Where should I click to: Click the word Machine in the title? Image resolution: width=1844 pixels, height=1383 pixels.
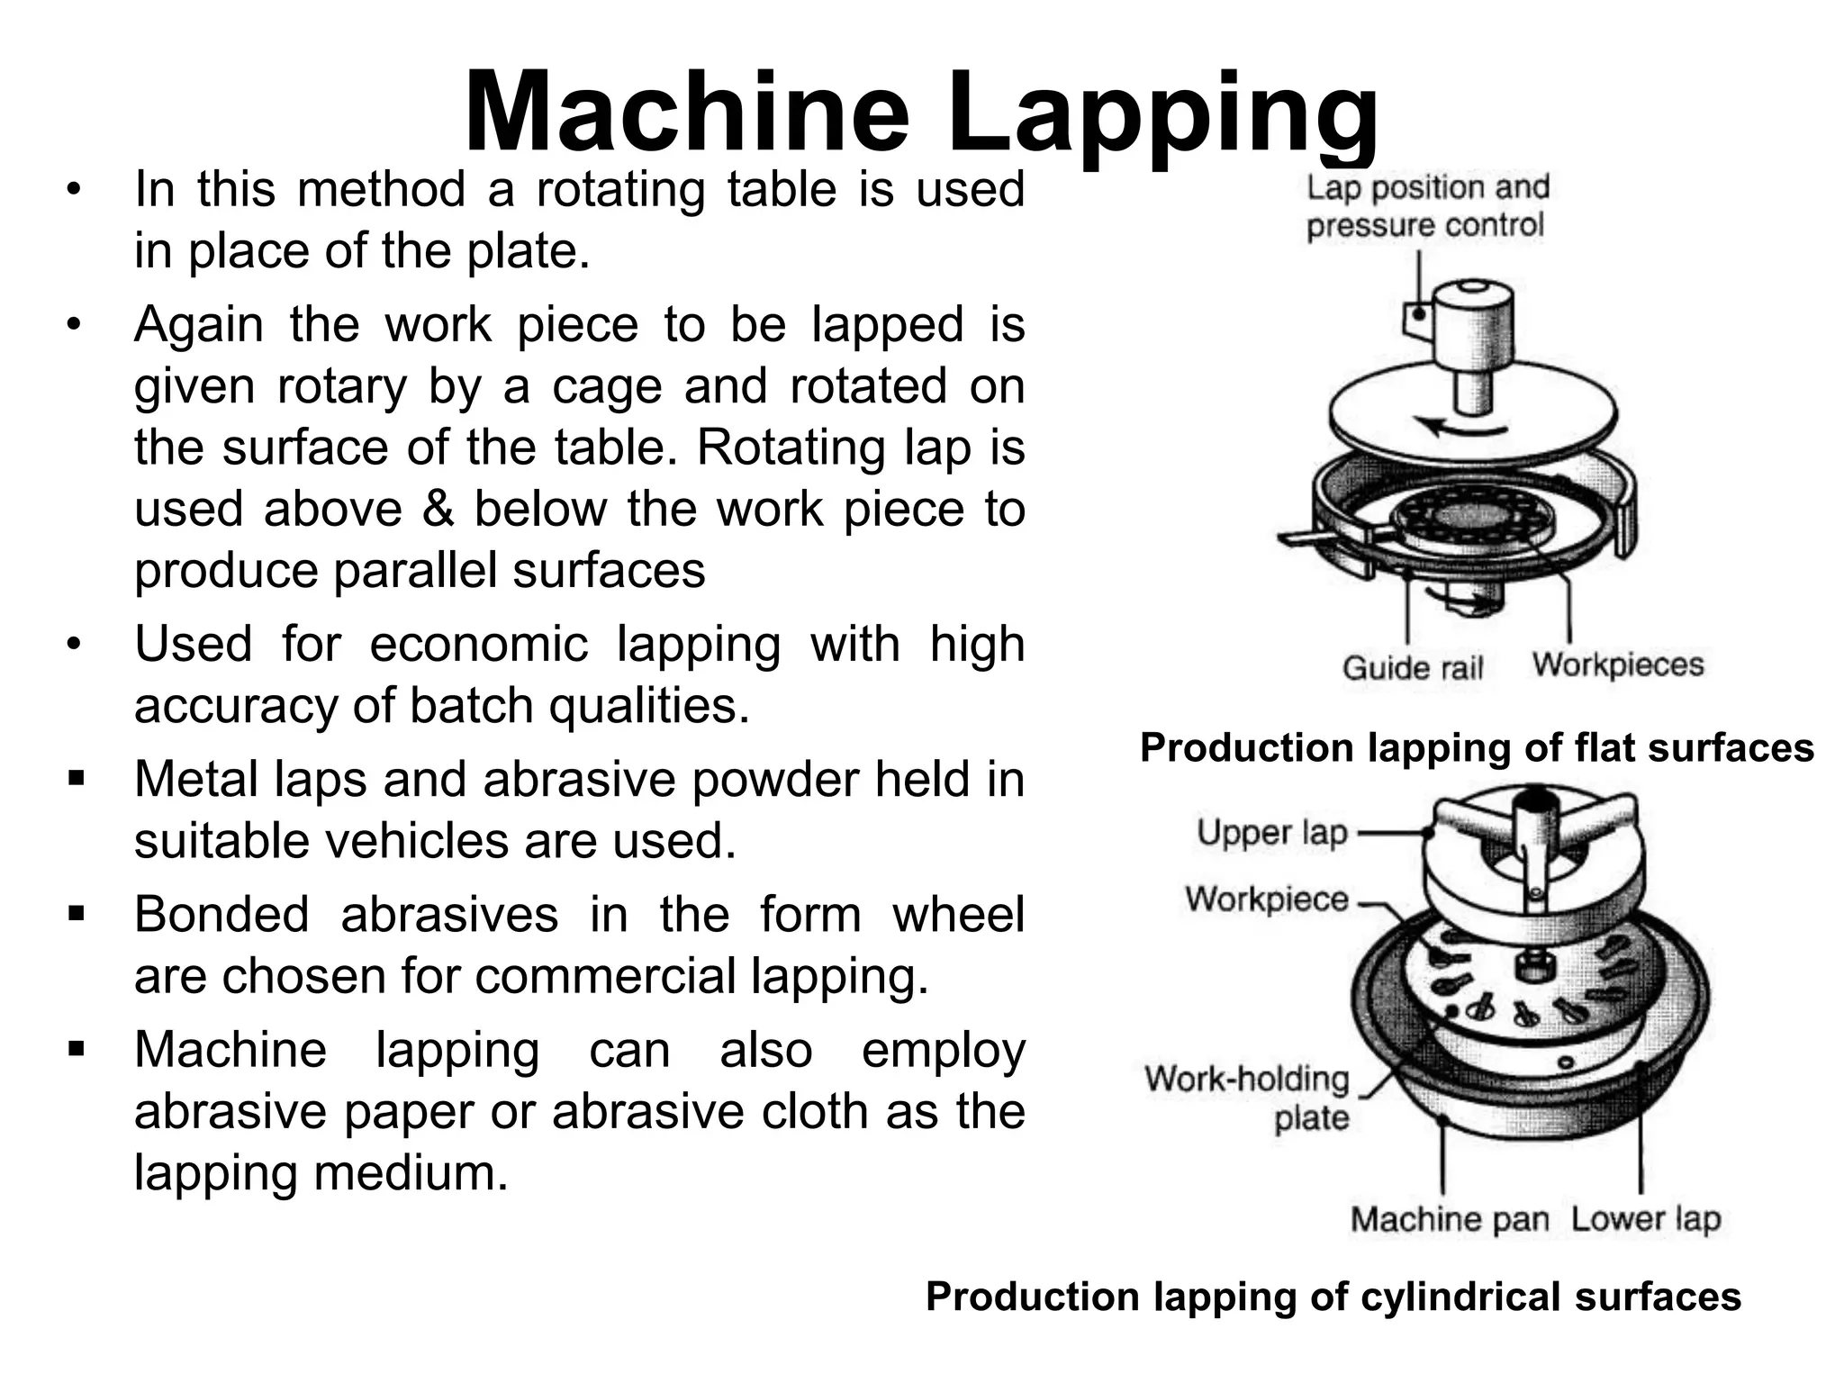coord(686,114)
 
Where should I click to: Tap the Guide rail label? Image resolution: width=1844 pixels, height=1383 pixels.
coord(1412,668)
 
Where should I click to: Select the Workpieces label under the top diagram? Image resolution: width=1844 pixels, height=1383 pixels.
coord(1618,664)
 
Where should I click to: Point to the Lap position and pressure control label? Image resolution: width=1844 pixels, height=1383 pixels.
coord(1427,206)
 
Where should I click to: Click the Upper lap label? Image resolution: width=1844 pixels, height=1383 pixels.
coord(1271,833)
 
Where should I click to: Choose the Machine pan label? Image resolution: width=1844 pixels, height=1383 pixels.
coord(1449,1219)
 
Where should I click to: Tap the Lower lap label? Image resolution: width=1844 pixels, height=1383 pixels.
coord(1645,1219)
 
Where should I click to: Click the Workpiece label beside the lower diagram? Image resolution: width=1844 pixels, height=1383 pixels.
coord(1267,899)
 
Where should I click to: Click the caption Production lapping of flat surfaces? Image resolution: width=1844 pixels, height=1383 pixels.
coord(1477,748)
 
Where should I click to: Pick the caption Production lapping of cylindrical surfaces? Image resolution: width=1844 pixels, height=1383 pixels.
coord(1333,1297)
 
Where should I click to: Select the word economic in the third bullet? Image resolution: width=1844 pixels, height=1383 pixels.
coord(478,645)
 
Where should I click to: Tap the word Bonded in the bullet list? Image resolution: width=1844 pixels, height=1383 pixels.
coord(221,915)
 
